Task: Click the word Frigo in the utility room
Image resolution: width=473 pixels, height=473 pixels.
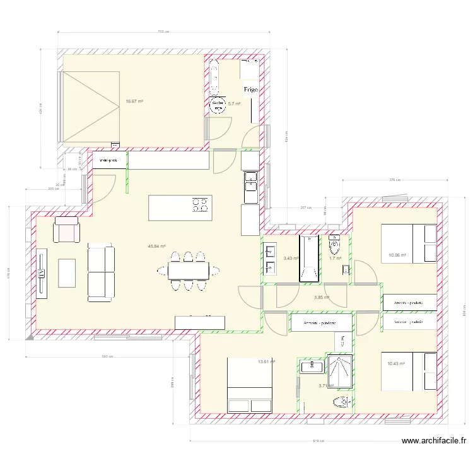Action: (x=250, y=90)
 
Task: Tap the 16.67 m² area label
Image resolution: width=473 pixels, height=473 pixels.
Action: (x=134, y=101)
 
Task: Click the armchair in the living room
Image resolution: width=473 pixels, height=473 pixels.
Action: (x=67, y=230)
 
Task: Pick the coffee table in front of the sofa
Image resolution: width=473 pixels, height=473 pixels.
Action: (x=67, y=273)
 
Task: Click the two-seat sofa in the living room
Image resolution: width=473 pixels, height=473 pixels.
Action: (x=101, y=272)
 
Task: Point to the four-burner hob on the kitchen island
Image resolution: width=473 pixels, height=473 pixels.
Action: (x=201, y=204)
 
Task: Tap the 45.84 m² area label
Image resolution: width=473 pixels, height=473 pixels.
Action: (x=156, y=247)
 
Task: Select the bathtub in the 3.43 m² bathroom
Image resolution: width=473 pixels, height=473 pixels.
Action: (x=310, y=259)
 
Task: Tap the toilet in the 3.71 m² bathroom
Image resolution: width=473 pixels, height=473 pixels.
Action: (x=341, y=402)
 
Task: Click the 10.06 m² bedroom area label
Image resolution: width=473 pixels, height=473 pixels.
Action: (x=397, y=255)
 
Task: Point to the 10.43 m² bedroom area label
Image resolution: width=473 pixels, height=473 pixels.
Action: (x=397, y=363)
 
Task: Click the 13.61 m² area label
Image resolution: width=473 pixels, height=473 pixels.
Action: (x=267, y=361)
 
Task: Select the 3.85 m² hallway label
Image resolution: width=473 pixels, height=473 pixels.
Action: (x=322, y=297)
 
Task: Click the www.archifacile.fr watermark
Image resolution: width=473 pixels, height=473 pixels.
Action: (x=434, y=442)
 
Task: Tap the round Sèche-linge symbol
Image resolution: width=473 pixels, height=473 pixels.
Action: (x=217, y=105)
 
